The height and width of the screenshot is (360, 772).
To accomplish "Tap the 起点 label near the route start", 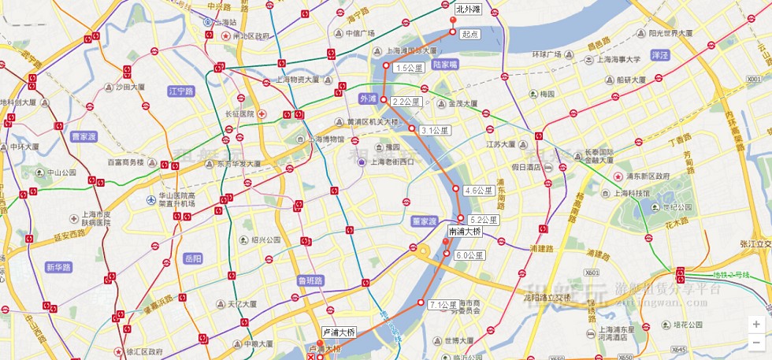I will [470, 35].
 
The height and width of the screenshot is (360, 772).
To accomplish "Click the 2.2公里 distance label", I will [406, 102].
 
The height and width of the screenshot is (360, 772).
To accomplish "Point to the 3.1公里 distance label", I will [435, 131].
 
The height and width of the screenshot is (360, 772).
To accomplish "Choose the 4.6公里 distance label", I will [479, 191].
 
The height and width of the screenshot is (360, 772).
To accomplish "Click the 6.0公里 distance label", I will [470, 255].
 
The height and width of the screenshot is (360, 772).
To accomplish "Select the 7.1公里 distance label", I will [444, 305].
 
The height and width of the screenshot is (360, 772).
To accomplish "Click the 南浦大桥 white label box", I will [465, 232].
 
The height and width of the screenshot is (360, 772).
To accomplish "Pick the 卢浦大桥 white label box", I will [339, 332].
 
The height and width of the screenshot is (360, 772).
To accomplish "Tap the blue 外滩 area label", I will [368, 99].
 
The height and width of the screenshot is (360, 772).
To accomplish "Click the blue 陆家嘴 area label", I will [445, 65].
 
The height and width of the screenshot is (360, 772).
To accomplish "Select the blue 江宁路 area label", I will [181, 91].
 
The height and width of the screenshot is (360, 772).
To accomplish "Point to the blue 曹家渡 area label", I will [84, 136].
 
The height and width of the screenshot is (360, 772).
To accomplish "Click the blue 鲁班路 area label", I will [310, 280].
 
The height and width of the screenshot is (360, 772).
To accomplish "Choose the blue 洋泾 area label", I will [659, 55].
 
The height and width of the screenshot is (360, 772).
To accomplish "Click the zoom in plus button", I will [756, 324].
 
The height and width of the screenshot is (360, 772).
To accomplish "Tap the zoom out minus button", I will [756, 342].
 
